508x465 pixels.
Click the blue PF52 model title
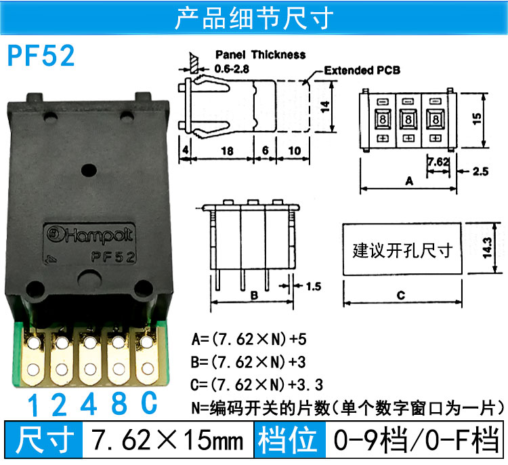pos(41,56)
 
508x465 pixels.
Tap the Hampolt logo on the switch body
pos(89,235)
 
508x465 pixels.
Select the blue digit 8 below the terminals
pos(119,403)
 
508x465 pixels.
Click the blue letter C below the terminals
pos(149,403)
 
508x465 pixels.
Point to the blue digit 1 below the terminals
pos(33,405)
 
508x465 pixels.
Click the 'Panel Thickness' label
pos(261,54)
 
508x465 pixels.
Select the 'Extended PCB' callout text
pos(362,70)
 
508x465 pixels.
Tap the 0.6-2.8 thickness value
pos(232,68)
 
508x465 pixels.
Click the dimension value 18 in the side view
pos(227,150)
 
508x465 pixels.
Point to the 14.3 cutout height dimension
pos(488,248)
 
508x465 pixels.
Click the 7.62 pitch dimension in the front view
pos(438,161)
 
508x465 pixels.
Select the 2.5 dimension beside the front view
pos(480,171)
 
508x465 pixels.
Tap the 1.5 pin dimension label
pos(314,286)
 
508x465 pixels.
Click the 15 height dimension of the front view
pos(477,119)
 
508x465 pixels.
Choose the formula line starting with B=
pos(248,362)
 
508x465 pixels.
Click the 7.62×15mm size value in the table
pos(167,440)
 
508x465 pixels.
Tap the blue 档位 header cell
pos(287,440)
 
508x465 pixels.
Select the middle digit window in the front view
pos(408,119)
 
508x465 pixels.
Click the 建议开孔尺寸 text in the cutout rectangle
pos(402,250)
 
